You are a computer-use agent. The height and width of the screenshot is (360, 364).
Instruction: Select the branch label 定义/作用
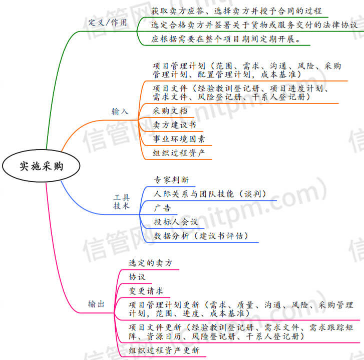click(108, 22)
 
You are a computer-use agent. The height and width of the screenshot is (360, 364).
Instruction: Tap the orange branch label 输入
click(120, 111)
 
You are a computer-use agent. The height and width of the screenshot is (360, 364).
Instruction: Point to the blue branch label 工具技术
click(121, 201)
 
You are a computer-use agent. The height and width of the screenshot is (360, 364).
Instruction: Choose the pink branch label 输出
click(97, 303)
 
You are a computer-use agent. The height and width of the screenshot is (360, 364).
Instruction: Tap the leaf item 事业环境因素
click(179, 138)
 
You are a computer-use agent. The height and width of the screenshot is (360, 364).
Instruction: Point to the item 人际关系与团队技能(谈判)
click(210, 194)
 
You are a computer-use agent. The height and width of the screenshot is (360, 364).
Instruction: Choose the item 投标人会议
click(176, 221)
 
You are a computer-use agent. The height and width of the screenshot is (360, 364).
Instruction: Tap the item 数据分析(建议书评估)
click(201, 235)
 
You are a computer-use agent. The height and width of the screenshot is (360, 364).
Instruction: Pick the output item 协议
click(137, 276)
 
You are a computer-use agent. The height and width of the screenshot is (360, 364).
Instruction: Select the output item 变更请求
click(146, 290)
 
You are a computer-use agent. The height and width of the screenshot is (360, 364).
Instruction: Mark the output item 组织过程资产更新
click(164, 350)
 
